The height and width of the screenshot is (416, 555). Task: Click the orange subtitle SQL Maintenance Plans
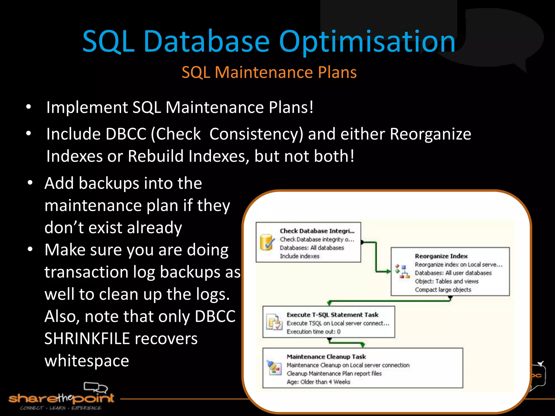(x=269, y=72)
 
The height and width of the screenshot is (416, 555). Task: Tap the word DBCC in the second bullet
(x=126, y=134)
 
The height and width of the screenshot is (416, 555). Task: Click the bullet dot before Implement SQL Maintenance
(x=29, y=107)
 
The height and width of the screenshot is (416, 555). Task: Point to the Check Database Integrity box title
(x=317, y=231)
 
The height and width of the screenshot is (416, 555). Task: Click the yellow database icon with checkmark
(x=266, y=242)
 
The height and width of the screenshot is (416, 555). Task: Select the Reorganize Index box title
(x=441, y=256)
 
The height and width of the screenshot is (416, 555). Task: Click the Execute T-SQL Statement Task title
(x=332, y=315)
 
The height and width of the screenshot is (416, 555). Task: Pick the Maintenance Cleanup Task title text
(x=326, y=357)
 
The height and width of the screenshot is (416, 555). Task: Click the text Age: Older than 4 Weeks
(x=318, y=382)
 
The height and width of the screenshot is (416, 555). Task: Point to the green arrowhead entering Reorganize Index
(x=388, y=271)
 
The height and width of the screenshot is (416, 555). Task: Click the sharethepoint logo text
(x=61, y=398)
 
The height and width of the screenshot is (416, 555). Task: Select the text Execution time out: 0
(x=313, y=331)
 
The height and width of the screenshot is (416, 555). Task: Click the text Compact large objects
(x=443, y=290)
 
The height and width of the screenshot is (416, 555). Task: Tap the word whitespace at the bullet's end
(x=87, y=361)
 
